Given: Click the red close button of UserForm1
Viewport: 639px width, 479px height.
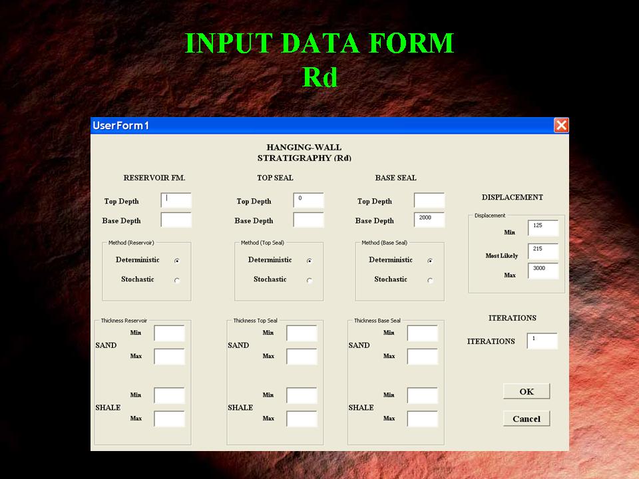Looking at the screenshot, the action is (561, 125).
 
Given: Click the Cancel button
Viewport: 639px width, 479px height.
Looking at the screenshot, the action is (527, 418).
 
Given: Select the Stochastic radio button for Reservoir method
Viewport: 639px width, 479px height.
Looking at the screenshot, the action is (177, 280).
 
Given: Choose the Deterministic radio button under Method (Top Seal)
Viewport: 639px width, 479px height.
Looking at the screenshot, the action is (310, 261).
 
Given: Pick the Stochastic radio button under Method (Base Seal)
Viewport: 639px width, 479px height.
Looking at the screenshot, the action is (430, 280).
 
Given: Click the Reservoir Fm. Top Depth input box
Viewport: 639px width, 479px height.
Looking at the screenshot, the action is (176, 200).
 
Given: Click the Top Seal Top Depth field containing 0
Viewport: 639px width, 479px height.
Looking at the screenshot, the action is (308, 200).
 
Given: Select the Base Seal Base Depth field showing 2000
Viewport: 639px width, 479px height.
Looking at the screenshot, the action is (429, 220).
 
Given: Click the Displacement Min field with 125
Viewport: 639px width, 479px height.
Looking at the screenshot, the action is (543, 228).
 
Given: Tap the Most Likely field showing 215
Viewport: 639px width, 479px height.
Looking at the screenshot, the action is (543, 251).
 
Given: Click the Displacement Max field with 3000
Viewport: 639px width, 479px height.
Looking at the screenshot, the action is (543, 271).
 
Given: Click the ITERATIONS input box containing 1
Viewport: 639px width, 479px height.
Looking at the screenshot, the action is (542, 341).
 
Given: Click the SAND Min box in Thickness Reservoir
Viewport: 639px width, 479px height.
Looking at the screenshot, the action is (170, 333).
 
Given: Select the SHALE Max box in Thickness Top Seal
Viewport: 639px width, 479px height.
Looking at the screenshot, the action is (302, 418).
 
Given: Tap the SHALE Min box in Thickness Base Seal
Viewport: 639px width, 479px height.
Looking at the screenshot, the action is (423, 395).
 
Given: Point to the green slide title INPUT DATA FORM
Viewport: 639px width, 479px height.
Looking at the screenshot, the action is (319, 43).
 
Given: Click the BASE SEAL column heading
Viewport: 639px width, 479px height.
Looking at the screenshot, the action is (395, 178).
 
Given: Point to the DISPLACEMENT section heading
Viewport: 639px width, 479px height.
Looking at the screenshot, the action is (513, 198).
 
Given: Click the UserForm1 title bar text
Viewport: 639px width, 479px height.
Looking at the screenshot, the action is (121, 126).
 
